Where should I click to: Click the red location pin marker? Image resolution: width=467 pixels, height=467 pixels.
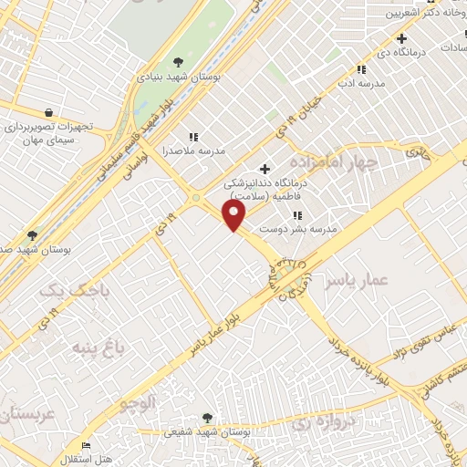point(235,216)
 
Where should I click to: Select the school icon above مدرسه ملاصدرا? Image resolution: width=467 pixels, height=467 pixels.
point(192,136)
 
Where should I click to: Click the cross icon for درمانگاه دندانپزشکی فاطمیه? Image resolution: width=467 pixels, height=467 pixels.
point(265,169)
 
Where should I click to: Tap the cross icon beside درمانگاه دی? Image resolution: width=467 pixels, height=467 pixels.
point(400,38)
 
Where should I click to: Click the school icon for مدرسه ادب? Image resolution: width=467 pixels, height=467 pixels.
point(361,69)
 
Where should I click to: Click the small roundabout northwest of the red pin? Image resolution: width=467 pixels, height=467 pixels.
point(194,199)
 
